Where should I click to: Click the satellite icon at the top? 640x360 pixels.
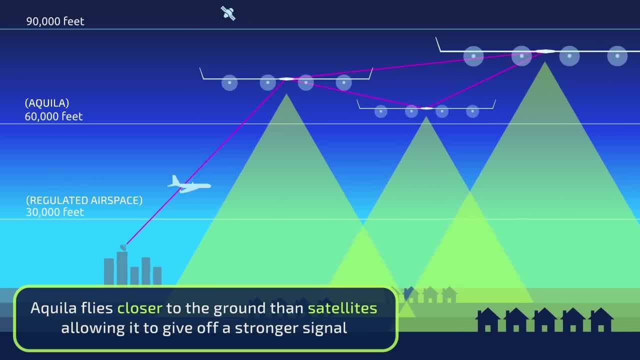click(228, 13)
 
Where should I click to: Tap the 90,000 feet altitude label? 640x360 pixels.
click(55, 21)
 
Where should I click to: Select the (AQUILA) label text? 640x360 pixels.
click(47, 103)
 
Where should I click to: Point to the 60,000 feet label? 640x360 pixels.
click(53, 116)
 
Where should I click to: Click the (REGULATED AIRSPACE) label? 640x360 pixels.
click(84, 200)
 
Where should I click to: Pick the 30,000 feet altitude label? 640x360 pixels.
click(55, 212)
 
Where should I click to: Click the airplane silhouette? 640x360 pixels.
click(189, 185)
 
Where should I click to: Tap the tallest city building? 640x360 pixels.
click(122, 268)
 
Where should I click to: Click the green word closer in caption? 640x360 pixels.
click(139, 308)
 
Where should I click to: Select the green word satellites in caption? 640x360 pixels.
click(342, 308)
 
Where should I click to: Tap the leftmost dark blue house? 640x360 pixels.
click(487, 320)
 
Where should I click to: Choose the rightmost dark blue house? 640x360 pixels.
click(601, 320)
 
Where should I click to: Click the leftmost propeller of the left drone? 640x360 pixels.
click(229, 82)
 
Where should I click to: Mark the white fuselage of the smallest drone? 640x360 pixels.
click(426, 108)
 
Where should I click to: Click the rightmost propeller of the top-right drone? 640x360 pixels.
click(617, 56)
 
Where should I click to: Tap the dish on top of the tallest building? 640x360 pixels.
click(123, 247)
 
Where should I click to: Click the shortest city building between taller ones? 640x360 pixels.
click(134, 275)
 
